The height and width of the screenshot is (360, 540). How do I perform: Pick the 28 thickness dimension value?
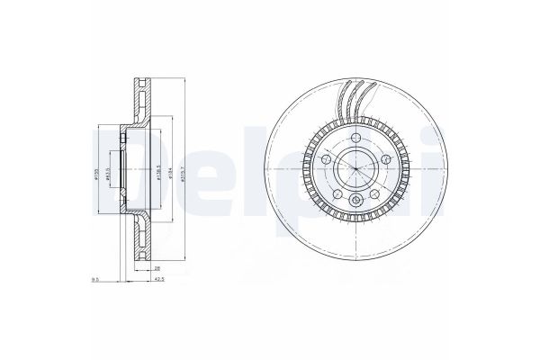point(155,268)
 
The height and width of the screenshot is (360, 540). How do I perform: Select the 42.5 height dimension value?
point(159,280)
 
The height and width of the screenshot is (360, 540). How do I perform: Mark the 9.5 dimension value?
point(95,280)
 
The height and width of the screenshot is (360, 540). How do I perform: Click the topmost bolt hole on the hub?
point(356,137)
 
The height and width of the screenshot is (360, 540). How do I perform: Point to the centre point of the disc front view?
point(356,168)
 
